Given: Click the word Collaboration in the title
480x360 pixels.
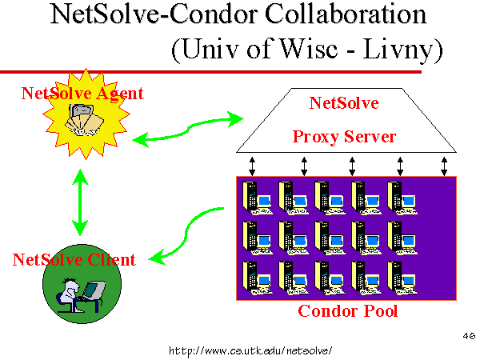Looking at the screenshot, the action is coord(346,14).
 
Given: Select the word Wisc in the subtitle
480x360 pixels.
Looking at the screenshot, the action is coord(308,49).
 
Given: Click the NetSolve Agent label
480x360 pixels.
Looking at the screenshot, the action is coord(82,94).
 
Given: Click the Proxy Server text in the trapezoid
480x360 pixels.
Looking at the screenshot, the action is coord(344,137).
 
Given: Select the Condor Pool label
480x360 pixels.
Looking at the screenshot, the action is coord(348,311).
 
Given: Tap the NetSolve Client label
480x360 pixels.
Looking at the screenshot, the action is coord(74,259).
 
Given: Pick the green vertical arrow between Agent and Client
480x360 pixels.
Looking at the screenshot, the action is coord(80,202).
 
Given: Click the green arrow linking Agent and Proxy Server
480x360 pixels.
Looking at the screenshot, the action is coord(187,129).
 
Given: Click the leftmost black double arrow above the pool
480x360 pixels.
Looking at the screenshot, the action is coord(252,166).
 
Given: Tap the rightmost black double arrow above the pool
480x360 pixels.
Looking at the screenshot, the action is coord(444,166).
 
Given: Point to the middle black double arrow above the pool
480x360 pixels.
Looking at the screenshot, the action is coord(352,166).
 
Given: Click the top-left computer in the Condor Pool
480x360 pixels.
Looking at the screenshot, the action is coord(257,198).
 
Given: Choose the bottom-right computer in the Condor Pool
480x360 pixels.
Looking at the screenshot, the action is coord(402,278).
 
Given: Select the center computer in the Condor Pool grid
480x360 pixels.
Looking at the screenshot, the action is coord(330,238).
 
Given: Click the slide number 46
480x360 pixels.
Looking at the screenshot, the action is coord(470,336).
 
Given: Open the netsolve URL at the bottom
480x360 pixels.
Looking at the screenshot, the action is coord(250,350).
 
